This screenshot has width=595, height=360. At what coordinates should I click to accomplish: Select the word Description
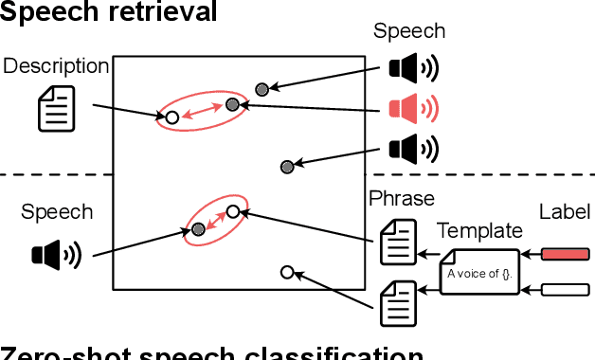tap(56, 65)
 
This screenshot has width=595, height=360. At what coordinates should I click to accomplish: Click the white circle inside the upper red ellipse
tap(171, 117)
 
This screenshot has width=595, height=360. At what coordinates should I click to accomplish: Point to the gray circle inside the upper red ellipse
tap(231, 105)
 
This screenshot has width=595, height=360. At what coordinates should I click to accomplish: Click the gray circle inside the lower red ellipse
tap(198, 228)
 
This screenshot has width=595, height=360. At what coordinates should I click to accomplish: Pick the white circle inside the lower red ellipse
tap(232, 211)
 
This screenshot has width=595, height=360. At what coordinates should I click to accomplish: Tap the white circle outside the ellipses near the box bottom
tap(287, 272)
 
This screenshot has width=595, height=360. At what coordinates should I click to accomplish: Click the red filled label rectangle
tap(565, 253)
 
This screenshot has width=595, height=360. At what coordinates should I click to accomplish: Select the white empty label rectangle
tap(565, 289)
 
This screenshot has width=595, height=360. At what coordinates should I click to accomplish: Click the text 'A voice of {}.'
tap(480, 276)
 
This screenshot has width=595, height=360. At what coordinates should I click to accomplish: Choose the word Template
tap(478, 231)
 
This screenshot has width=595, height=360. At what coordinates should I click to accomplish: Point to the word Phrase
tap(401, 199)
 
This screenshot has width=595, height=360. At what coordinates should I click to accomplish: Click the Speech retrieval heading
tap(109, 11)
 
